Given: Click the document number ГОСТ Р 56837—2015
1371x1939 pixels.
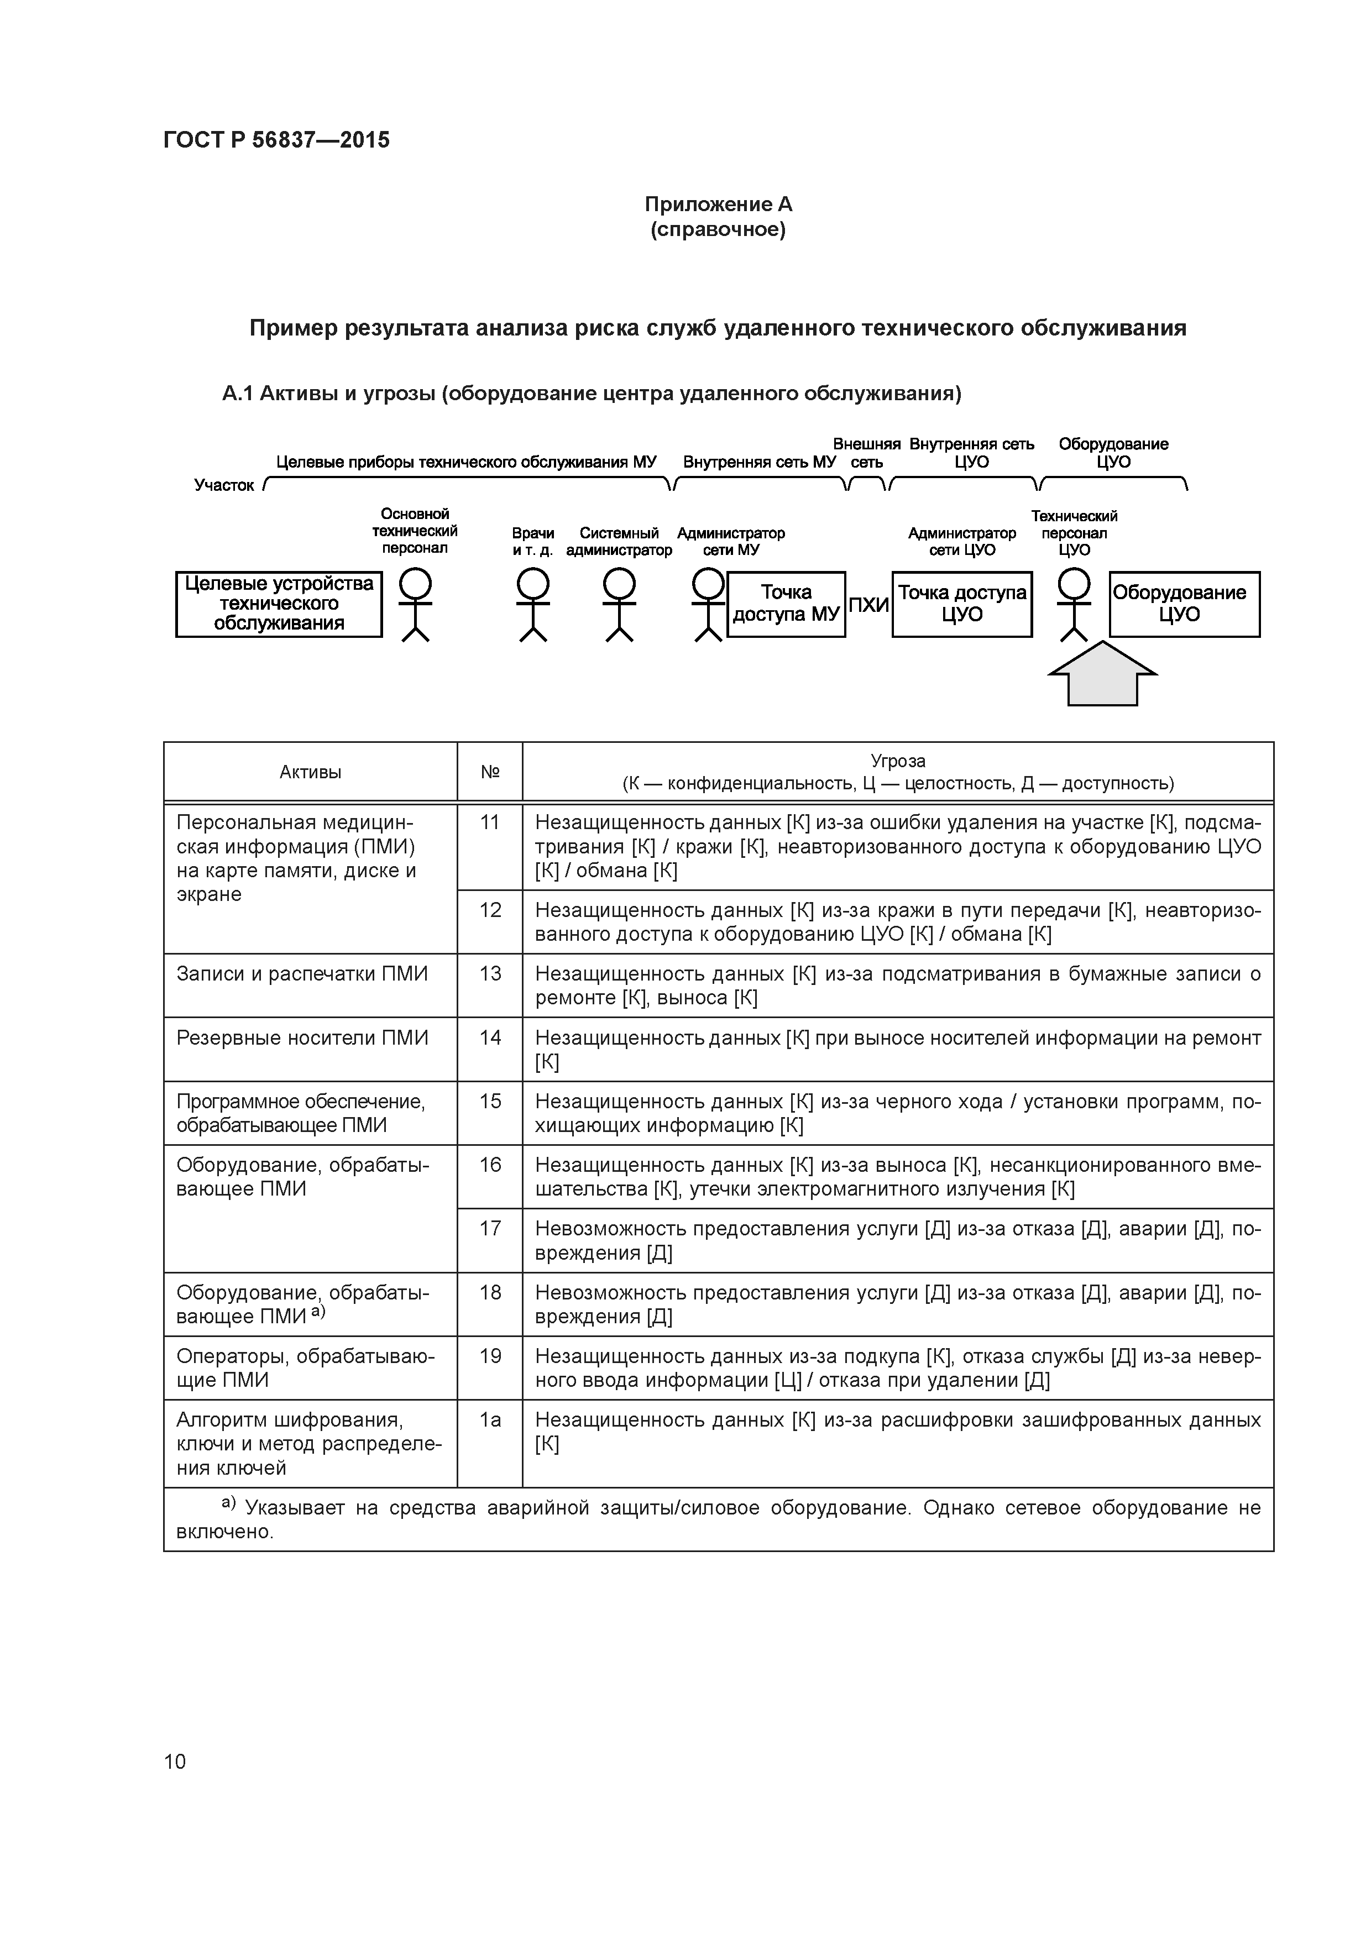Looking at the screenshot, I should tap(276, 139).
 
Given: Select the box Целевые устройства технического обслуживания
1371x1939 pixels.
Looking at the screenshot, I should tap(279, 604).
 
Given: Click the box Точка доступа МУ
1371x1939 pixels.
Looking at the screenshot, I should tap(786, 604).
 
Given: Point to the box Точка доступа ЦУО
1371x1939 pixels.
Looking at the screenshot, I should tap(961, 604).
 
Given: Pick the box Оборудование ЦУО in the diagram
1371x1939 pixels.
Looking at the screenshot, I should tap(1184, 604).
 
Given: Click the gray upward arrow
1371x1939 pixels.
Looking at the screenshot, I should tap(1102, 674).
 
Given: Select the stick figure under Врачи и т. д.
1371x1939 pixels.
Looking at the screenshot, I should tap(533, 604).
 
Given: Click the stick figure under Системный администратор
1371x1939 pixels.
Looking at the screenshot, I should tap(619, 604).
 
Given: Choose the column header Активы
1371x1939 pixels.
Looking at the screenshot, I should tap(310, 772).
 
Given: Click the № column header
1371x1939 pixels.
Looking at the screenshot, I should tap(490, 772).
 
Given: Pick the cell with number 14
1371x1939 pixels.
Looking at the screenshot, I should tap(490, 1038).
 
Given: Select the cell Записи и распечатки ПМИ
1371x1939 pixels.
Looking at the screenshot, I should tap(302, 974).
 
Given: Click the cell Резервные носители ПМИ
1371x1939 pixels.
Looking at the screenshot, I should tap(302, 1038).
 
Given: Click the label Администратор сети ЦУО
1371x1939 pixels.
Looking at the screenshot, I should tap(961, 541).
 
